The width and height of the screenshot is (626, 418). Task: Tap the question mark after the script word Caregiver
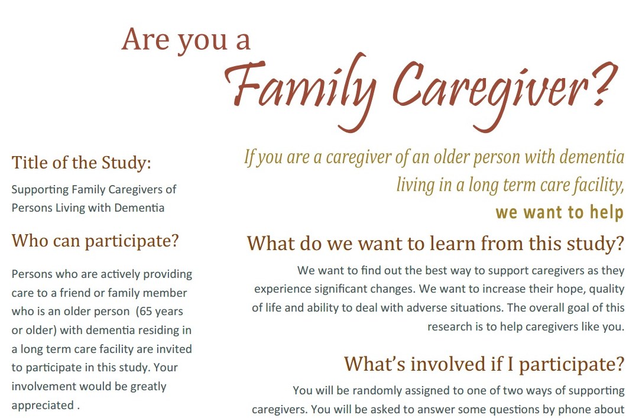point(606,84)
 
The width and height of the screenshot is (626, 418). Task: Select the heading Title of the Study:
point(82,163)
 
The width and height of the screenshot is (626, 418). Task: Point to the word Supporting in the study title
point(39,190)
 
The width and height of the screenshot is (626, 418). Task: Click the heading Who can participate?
point(95,241)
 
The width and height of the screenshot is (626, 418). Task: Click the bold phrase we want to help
point(559,212)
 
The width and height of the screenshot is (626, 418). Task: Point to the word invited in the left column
point(174,349)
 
